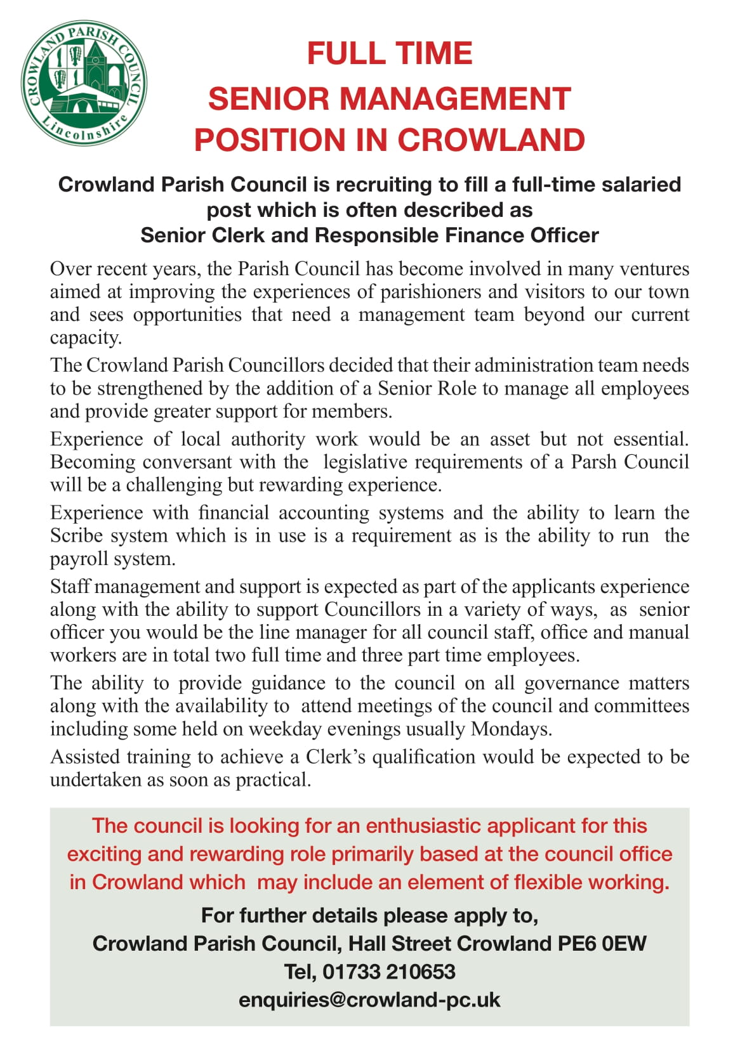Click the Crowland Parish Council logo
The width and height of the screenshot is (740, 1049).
(84, 84)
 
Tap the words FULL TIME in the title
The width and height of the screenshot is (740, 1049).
(390, 53)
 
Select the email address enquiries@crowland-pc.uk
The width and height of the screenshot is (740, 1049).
(369, 1000)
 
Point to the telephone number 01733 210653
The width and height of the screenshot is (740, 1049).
(388, 972)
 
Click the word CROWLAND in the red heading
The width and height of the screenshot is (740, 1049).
(491, 140)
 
